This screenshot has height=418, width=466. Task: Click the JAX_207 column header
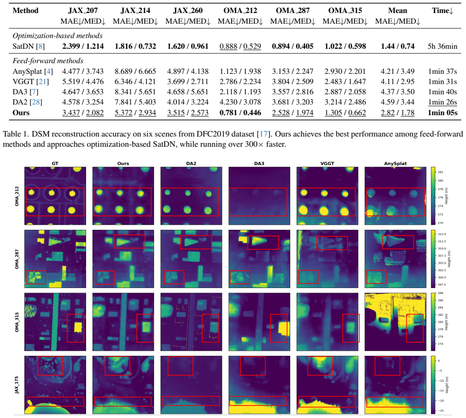coord(83,11)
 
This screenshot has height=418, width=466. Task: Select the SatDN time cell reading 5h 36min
coord(443,46)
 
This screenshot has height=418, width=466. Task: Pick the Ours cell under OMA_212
coord(240,113)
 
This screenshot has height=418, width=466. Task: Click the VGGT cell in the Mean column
coord(398,82)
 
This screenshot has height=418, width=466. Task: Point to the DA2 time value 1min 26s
coord(443,102)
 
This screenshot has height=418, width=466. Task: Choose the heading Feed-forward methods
coord(48,61)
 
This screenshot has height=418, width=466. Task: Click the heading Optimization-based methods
coord(57,36)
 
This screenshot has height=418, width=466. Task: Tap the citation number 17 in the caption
coord(263,134)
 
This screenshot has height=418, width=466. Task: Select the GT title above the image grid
coord(55,163)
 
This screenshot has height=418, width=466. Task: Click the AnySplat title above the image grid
coord(395,163)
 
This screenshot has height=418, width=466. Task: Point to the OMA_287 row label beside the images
coord(17,259)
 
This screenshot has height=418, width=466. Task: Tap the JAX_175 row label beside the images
coord(17,385)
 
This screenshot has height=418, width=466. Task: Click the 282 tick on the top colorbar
coord(440,172)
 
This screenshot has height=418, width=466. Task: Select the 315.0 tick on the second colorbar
coord(442,234)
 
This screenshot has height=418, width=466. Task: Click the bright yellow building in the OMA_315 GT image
coord(78,327)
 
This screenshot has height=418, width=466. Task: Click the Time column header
coord(443,11)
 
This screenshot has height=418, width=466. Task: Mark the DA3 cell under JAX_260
coord(188,92)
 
